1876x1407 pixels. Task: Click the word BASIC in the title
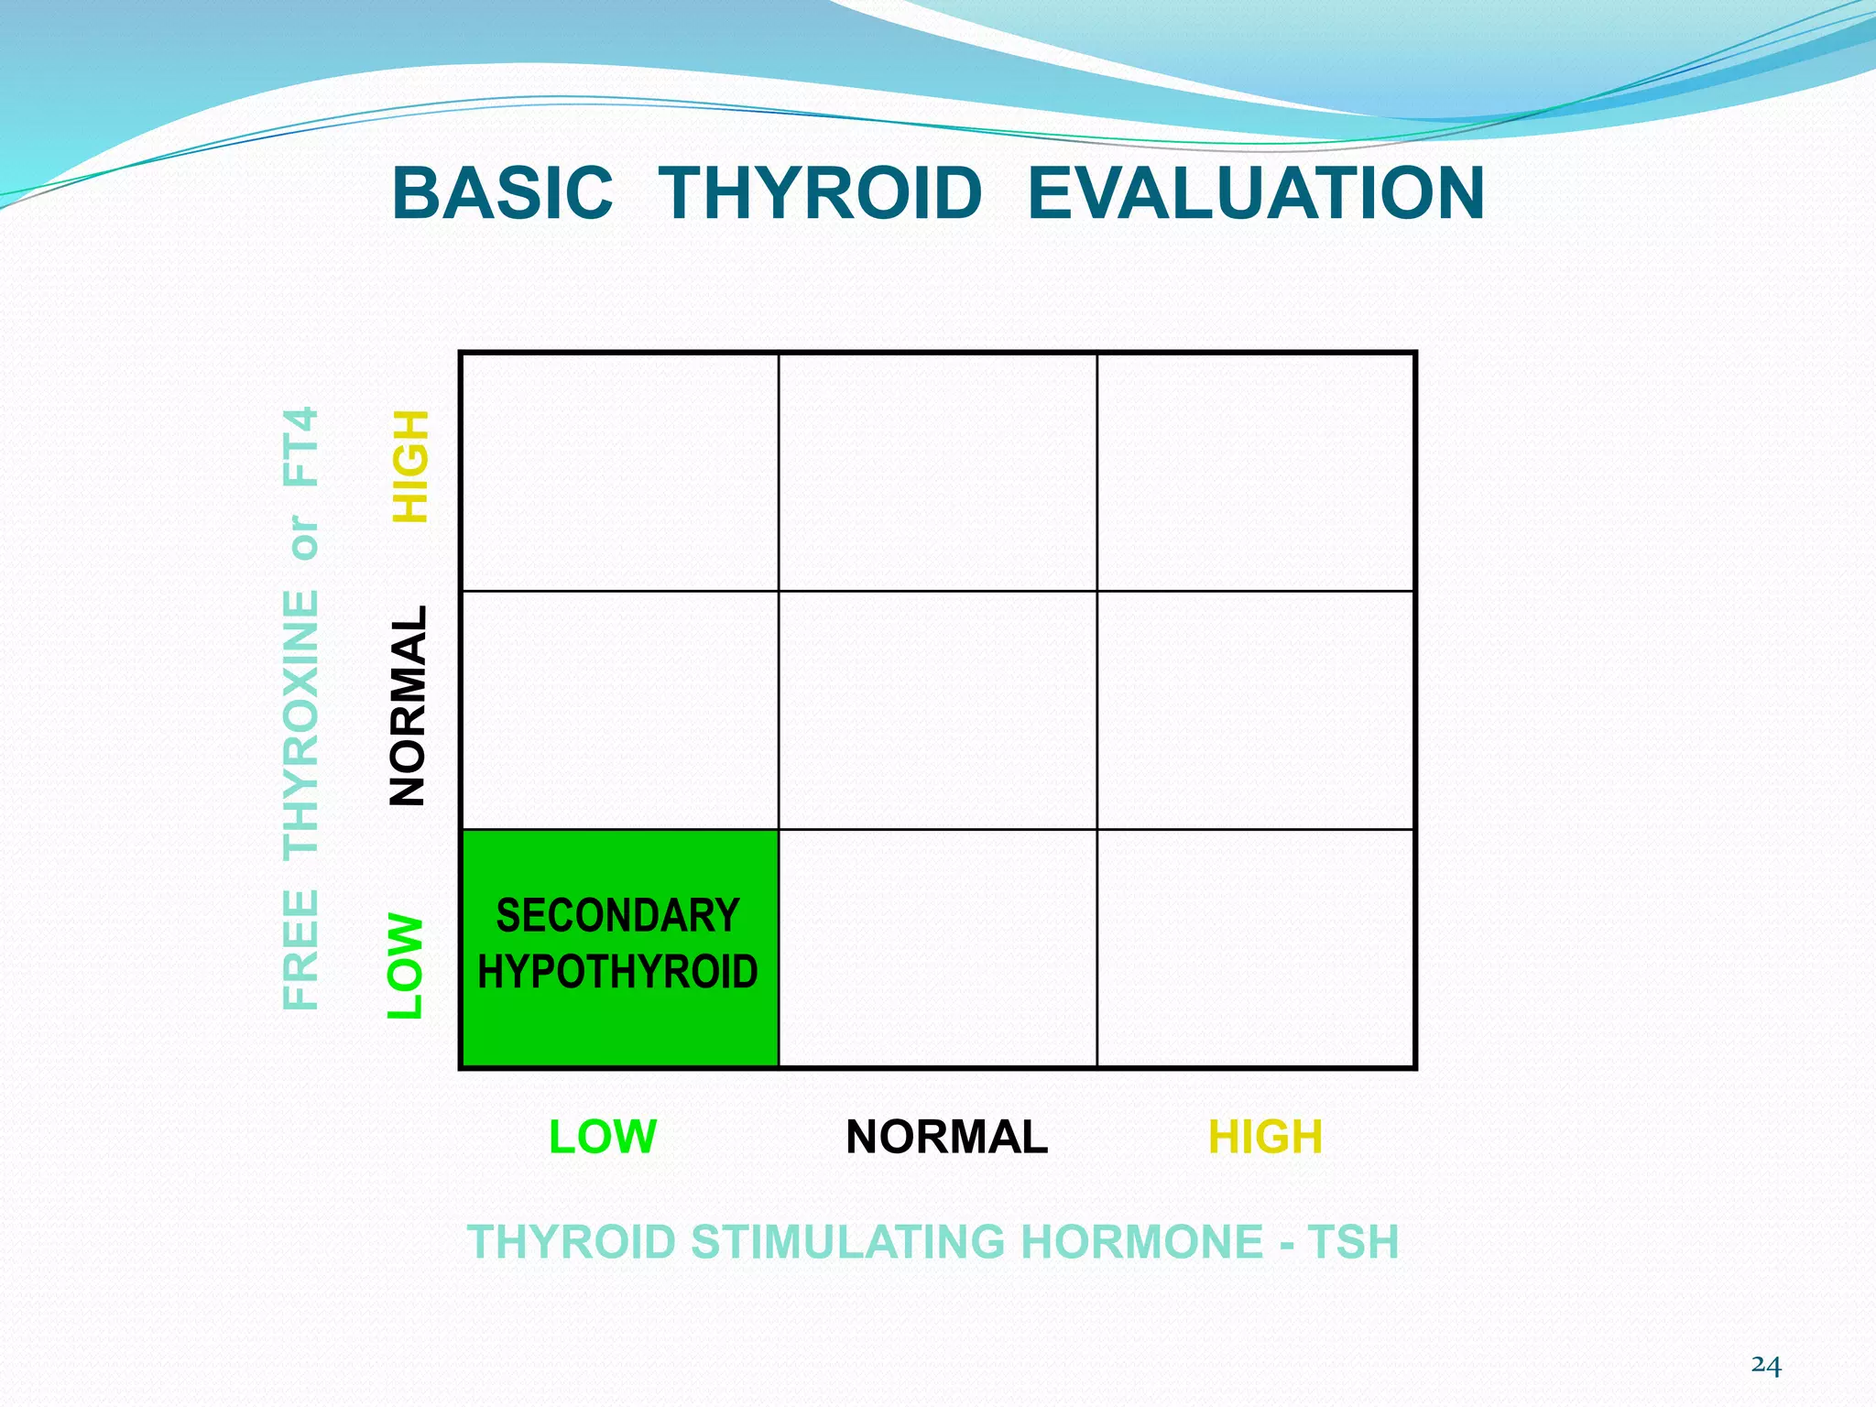(x=502, y=194)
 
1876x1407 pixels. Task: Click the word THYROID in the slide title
(x=821, y=194)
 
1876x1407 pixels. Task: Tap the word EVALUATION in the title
(x=1256, y=194)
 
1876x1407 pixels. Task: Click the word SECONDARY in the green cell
(x=618, y=916)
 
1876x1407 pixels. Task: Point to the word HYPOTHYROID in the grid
(x=618, y=972)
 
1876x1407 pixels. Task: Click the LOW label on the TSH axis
(x=603, y=1137)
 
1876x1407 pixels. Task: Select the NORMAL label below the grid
(x=946, y=1137)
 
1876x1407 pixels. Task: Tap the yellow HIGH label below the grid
(x=1265, y=1137)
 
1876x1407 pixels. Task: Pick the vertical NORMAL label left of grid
(x=409, y=706)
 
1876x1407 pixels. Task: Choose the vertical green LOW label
(x=406, y=965)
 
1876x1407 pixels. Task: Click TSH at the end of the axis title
(x=1353, y=1242)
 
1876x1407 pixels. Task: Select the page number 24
(x=1766, y=1365)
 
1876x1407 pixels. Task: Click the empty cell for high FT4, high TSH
(x=1256, y=472)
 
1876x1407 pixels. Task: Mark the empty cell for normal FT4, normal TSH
(x=937, y=710)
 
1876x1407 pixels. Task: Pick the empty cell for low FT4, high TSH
(x=1256, y=948)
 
